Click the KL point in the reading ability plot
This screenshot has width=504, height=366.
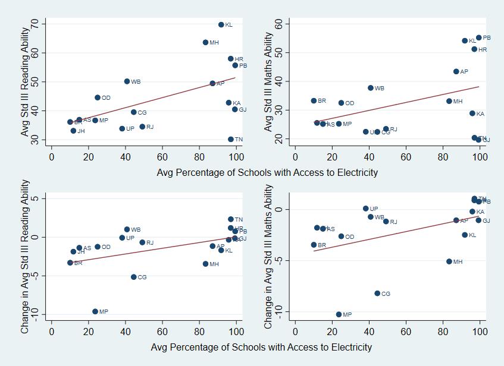(221, 25)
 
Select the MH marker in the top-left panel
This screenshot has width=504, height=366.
(205, 43)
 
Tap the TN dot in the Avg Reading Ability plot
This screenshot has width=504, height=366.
(231, 140)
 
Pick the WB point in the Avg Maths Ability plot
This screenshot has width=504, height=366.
(371, 88)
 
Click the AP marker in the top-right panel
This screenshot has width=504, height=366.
(456, 72)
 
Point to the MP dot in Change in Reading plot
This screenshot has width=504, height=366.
(95, 311)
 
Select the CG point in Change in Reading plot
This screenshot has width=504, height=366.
(134, 277)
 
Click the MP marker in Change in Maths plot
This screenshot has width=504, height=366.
(339, 315)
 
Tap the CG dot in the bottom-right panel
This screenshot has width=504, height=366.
(377, 294)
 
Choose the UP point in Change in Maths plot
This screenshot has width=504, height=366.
(366, 209)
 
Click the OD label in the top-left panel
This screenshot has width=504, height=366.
(106, 98)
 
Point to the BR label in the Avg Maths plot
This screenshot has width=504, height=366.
(322, 101)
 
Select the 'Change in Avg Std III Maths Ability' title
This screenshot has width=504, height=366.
(269, 257)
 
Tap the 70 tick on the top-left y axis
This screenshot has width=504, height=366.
(35, 24)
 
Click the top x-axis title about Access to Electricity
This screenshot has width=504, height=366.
(267, 173)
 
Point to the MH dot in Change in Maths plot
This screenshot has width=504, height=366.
(450, 261)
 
